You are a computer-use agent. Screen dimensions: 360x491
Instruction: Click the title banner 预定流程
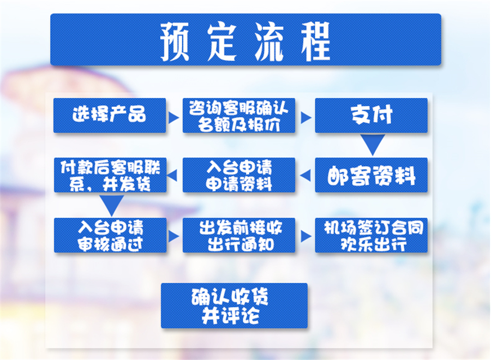coord(245,40)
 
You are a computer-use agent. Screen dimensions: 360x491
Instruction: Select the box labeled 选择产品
coord(110,115)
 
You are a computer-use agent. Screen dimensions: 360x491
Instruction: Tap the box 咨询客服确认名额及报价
coord(239,115)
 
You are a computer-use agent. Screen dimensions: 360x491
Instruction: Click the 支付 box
coord(371,115)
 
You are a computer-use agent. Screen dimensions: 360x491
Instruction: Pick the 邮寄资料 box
coord(371,175)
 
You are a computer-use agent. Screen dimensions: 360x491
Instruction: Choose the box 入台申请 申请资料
coord(239,175)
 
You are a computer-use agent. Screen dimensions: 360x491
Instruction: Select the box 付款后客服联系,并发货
coord(110,175)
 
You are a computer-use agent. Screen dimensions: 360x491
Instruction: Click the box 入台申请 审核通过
coord(110,235)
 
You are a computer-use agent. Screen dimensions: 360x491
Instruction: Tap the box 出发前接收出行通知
coord(239,235)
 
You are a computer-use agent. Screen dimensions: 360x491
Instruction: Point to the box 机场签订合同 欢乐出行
coord(371,235)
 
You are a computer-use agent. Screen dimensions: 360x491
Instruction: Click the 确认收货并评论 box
coord(234,305)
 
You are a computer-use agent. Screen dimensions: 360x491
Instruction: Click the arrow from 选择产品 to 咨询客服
coord(174,117)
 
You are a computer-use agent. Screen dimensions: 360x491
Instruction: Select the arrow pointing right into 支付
coord(306,117)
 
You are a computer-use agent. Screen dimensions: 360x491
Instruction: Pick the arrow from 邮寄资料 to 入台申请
coord(306,175)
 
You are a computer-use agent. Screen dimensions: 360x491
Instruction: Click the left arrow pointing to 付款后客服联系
coord(174,175)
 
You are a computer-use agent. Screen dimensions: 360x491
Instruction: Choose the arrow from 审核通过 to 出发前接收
coord(174,236)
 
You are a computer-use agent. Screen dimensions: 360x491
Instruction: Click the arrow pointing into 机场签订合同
coord(306,236)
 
